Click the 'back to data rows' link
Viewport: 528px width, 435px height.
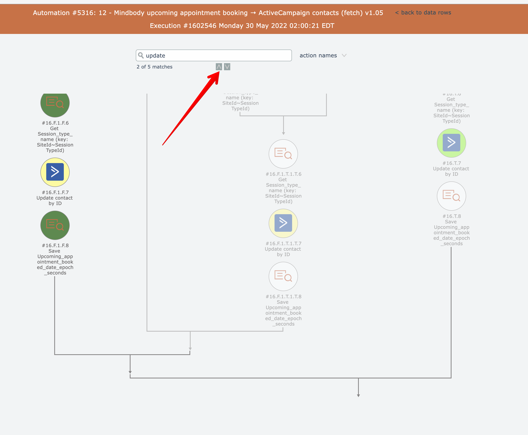pos(426,12)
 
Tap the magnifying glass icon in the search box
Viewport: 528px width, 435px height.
pos(141,55)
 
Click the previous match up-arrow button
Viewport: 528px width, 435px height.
pos(219,67)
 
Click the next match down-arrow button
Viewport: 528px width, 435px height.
pos(227,67)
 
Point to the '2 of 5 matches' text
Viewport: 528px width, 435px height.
pos(154,67)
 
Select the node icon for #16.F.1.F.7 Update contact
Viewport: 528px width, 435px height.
pos(55,172)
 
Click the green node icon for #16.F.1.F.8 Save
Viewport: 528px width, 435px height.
pos(55,225)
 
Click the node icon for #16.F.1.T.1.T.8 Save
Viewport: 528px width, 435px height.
pos(283,276)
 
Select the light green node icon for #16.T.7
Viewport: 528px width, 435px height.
pos(451,143)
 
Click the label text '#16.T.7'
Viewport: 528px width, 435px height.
pos(452,163)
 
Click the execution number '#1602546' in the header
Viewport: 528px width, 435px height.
pos(200,26)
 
